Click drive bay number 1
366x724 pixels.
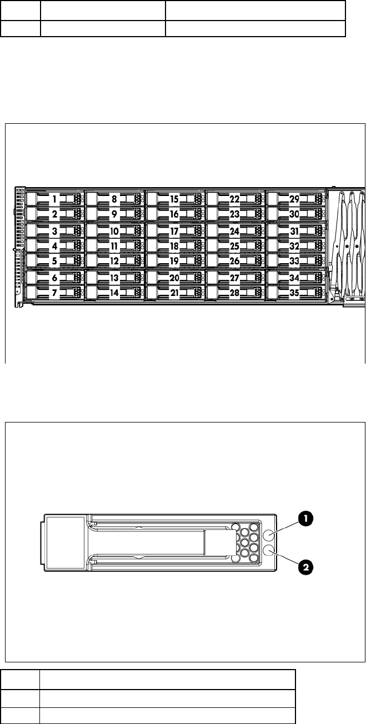tap(56, 198)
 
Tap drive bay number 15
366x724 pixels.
tap(174, 198)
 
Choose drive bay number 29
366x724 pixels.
tap(295, 198)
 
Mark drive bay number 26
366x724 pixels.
tap(235, 260)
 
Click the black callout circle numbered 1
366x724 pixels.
tap(305, 519)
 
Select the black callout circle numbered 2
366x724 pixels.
tap(305, 567)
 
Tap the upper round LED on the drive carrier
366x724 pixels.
tap(269, 535)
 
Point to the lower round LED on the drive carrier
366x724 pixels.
tap(269, 551)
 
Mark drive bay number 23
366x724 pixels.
tap(235, 214)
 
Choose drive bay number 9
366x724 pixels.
tap(115, 214)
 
